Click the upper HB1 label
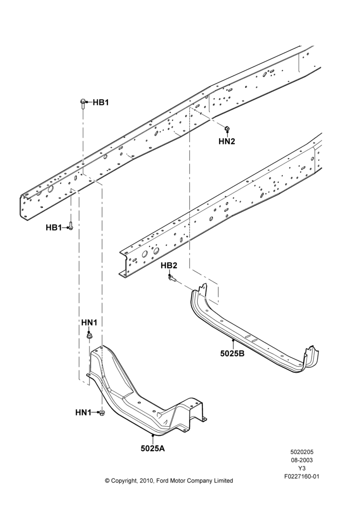point(101,103)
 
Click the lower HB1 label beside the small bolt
point(53,228)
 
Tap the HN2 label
point(227,141)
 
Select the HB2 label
point(169,266)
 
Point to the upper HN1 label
point(89,323)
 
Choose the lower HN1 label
point(84,412)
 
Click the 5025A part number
point(153,449)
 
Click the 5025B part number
point(232,354)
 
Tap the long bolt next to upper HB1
point(82,105)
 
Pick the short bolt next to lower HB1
point(71,226)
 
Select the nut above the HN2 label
point(227,129)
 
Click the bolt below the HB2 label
point(172,278)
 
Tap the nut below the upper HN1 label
point(89,335)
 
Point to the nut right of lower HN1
point(102,412)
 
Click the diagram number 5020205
point(302,452)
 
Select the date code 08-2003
point(302,460)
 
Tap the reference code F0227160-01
point(302,477)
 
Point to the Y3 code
point(302,468)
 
